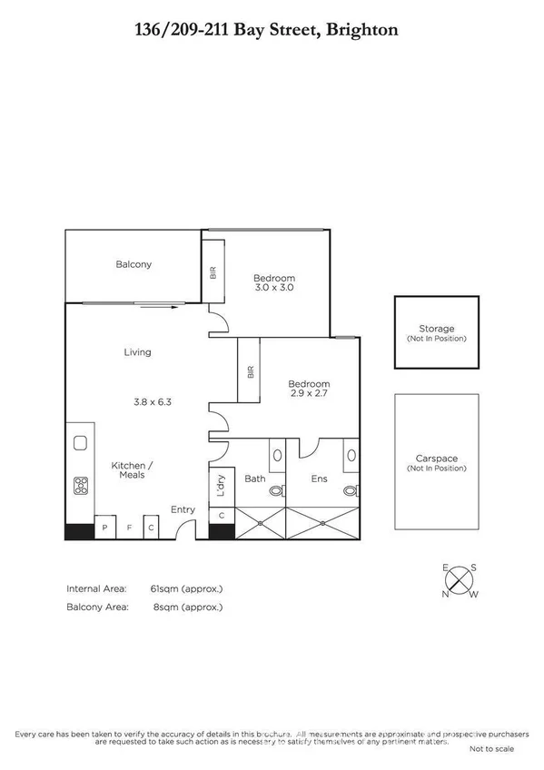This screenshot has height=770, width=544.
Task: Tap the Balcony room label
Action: [134, 265]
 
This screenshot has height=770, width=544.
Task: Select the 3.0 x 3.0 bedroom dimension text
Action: [273, 288]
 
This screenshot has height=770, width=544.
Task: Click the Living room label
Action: [137, 352]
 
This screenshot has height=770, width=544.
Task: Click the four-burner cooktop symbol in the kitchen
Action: [80, 485]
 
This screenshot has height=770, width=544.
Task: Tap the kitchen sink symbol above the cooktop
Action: [79, 443]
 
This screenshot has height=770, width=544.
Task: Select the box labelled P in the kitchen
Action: [105, 528]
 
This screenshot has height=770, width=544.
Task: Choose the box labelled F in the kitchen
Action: [128, 528]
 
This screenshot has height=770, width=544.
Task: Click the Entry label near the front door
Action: [183, 509]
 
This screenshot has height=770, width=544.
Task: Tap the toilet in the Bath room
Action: [275, 490]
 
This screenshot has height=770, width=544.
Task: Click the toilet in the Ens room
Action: [350, 490]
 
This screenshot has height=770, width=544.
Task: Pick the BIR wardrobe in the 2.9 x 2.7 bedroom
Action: [250, 372]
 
